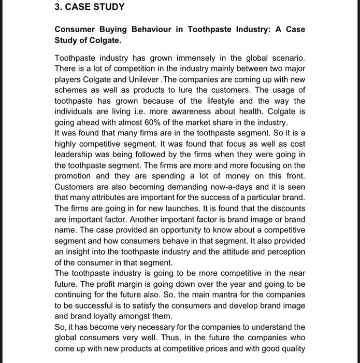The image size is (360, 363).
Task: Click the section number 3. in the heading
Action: [59, 7]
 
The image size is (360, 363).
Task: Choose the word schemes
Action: [71, 91]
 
